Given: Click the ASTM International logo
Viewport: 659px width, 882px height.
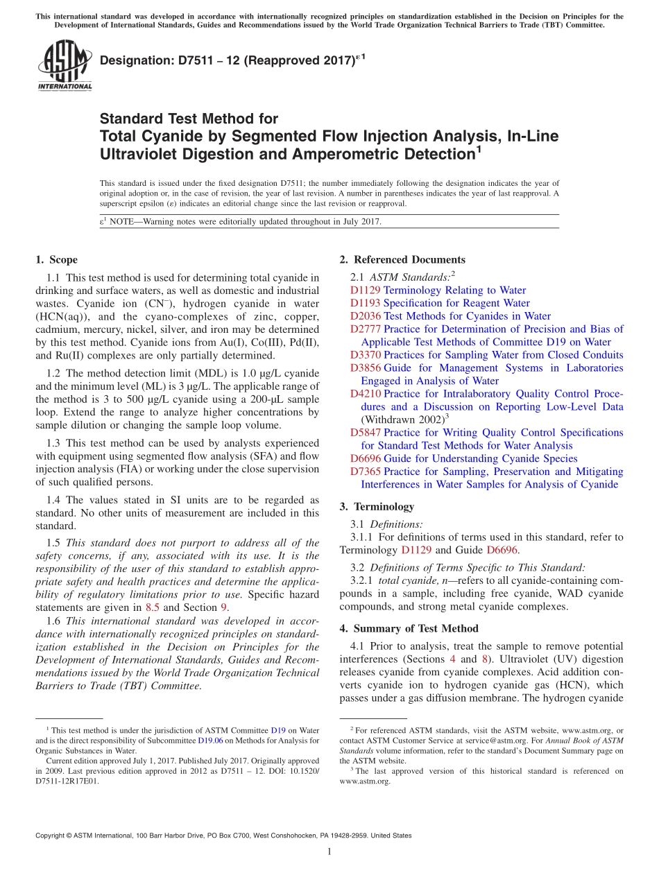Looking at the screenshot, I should [65, 64].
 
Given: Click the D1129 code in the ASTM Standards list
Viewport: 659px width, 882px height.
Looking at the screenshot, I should [365, 291].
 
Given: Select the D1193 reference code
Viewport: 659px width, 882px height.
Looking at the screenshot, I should [365, 303].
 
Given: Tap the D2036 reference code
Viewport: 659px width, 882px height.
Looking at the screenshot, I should [366, 316].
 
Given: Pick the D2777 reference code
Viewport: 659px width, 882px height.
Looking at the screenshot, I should [366, 329].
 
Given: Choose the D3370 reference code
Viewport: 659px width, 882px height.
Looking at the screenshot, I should [366, 355].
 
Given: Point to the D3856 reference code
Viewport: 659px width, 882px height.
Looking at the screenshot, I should [366, 368].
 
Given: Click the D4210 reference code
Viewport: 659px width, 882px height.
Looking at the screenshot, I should [366, 394].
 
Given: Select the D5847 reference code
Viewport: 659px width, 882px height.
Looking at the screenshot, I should [366, 433].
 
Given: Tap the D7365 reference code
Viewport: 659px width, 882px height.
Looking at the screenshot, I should [366, 472].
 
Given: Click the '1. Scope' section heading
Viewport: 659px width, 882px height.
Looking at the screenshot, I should [57, 260].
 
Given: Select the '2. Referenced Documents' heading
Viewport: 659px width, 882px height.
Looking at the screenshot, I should [402, 260].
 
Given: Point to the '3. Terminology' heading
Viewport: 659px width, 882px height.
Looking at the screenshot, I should [377, 507].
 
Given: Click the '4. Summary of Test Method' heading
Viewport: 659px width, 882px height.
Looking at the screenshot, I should [409, 629].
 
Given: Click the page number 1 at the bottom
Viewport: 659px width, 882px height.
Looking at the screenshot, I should [329, 852].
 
